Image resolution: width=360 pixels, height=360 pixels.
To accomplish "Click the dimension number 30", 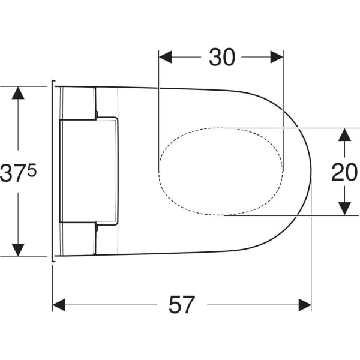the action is [222, 57].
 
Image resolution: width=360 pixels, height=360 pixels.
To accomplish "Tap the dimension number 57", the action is [182, 305].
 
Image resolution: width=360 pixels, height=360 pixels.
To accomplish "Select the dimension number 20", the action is [344, 172].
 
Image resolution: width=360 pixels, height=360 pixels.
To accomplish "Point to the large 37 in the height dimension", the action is [13, 173].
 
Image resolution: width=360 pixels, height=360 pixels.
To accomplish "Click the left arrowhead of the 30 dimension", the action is [166, 57].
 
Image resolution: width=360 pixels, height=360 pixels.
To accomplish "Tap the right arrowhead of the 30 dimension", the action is [277, 57].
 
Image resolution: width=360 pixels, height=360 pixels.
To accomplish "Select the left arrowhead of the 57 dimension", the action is [59, 305].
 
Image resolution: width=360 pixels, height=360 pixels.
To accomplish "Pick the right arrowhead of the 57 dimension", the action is [305, 305].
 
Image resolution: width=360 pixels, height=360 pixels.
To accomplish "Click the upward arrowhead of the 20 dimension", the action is [344, 135].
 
